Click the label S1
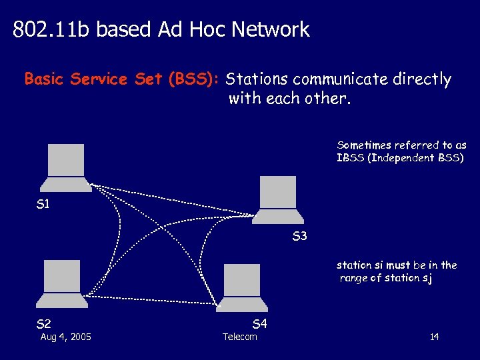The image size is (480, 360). pos(43,204)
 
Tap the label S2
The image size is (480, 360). pos(43,325)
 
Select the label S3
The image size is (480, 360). pos(299,236)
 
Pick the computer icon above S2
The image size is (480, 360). pos(65,283)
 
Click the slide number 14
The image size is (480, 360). pos(434,337)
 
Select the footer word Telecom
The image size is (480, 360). pos(240,337)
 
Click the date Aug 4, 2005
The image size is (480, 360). pos(66,337)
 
